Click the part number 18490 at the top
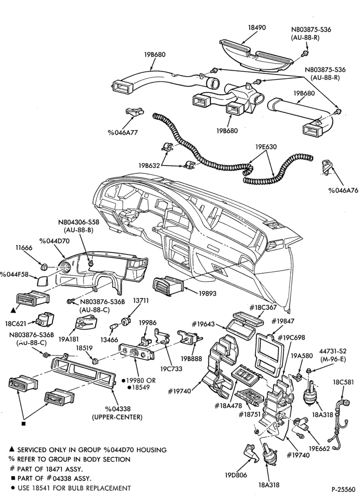coord(257,27)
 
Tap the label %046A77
coord(122,133)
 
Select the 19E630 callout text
coord(266,147)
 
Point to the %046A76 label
coord(343,190)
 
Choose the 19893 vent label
coord(207,293)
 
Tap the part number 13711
coord(140,301)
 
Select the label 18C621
coord(15,324)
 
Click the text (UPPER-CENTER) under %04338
coord(117,417)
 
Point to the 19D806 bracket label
coord(236,475)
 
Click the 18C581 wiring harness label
coord(343,382)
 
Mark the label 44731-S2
coord(333,351)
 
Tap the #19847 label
coord(283,321)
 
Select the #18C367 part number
coord(263,307)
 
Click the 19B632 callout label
coord(149,166)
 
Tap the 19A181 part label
coord(69,339)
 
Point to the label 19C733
coord(171,369)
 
